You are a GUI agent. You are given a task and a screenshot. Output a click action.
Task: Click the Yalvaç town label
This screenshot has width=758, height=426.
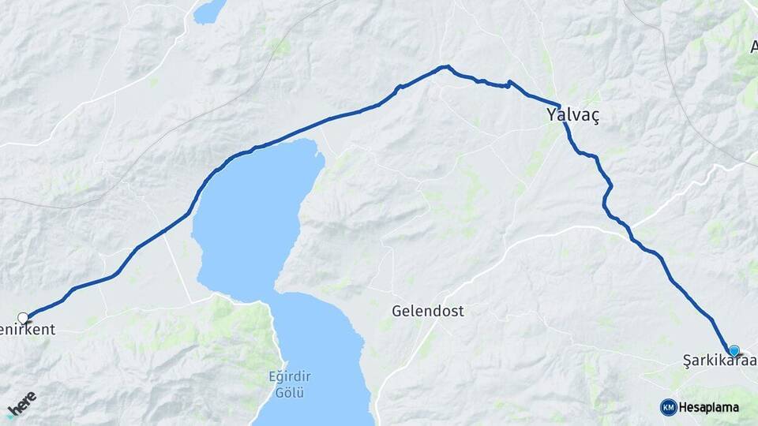[x=572, y=115]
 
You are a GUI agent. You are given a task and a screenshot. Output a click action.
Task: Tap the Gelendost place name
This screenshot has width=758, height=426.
[x=427, y=311]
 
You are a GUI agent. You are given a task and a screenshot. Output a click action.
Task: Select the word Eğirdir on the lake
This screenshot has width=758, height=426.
[x=290, y=378]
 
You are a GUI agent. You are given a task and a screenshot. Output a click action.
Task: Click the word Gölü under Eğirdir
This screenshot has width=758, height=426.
[x=290, y=392]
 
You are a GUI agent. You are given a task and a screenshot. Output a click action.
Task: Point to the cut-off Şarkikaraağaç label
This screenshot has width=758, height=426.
[x=719, y=361]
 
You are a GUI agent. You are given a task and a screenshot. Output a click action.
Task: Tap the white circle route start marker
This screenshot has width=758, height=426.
[x=23, y=318]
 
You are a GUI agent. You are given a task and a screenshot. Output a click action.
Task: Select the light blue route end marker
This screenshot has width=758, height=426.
[x=734, y=350]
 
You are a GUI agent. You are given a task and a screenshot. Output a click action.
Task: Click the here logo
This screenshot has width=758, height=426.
[x=21, y=402]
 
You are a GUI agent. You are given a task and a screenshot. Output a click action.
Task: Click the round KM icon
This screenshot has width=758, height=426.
[x=668, y=407]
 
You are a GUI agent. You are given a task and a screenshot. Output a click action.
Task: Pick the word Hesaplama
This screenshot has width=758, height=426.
[x=709, y=408]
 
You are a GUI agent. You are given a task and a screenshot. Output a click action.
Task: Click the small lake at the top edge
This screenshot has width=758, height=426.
[x=210, y=10]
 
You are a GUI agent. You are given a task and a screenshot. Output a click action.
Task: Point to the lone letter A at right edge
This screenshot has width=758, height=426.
[x=752, y=46]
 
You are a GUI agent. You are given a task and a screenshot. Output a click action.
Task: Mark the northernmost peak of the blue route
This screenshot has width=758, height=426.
[x=447, y=66]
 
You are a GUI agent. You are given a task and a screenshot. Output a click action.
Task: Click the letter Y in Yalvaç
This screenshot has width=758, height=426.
[x=551, y=115]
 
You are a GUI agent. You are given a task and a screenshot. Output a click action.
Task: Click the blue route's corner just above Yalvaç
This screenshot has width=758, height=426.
[x=559, y=106]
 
